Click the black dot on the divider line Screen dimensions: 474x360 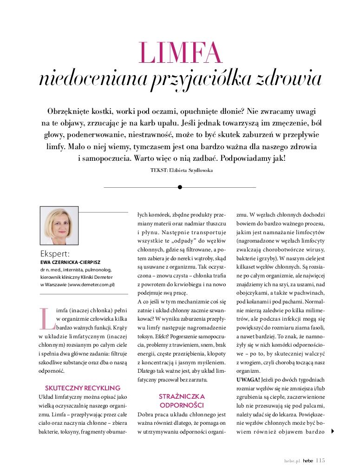pyautogui.click(x=180, y=187)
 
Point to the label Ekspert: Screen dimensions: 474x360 pyautogui.click(x=55, y=254)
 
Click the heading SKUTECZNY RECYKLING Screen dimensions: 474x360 pyautogui.click(x=83, y=387)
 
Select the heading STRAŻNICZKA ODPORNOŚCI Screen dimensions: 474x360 pyautogui.click(x=182, y=400)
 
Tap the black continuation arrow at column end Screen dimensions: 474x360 pyautogui.click(x=332, y=431)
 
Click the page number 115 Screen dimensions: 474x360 pyautogui.click(x=321, y=461)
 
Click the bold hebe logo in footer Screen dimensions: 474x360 pyautogui.click(x=308, y=461)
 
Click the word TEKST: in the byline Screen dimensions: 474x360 pyautogui.click(x=159, y=171)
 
